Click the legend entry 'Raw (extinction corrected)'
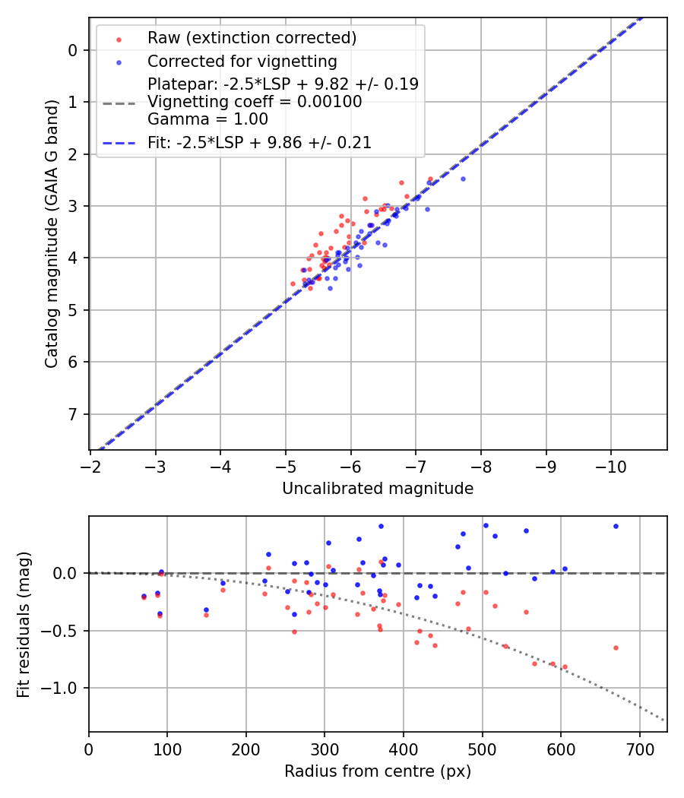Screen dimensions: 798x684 tap(252, 38)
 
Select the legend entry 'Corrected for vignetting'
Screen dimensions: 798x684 tap(242, 61)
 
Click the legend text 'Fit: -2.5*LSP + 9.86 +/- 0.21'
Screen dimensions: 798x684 tap(259, 142)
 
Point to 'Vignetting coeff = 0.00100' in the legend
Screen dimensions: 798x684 tap(255, 101)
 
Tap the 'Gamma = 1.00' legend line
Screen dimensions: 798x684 tap(207, 119)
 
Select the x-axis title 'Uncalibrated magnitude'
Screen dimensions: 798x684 tap(378, 489)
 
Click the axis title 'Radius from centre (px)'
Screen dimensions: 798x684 tap(378, 771)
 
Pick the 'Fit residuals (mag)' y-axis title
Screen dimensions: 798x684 tap(24, 624)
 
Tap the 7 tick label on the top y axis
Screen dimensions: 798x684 tap(73, 414)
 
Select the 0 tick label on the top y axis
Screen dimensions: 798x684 tap(73, 50)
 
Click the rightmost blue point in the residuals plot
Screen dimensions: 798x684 tap(616, 526)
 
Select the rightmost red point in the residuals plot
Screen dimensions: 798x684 tap(616, 648)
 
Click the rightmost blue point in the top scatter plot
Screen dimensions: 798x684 tap(463, 179)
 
